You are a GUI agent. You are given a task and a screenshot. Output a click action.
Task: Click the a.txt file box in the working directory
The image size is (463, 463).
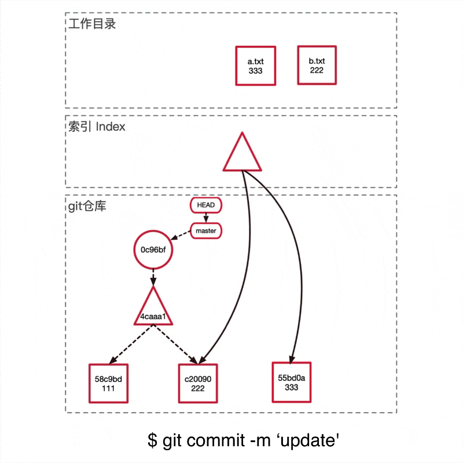coord(255,65)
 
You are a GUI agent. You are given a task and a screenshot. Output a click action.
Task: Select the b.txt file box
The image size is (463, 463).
coord(316,65)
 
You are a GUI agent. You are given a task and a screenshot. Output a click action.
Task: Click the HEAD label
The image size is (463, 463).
coord(206,205)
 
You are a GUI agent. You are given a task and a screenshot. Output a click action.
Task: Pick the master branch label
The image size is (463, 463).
coord(206,231)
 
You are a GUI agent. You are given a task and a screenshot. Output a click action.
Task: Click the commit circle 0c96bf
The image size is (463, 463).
coord(154,250)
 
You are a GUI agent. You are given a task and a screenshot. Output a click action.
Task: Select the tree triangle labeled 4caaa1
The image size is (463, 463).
coord(153,310)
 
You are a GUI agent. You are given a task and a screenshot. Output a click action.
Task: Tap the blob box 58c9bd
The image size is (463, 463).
coord(108,384)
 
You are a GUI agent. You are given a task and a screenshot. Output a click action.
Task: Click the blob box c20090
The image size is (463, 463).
coord(197,384)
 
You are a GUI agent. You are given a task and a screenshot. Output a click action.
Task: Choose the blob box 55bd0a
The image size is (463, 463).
coord(291,382)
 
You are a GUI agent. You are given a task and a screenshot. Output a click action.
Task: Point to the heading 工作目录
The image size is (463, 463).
coord(92,24)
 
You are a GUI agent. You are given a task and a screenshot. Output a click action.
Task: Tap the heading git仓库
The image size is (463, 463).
coord(87,206)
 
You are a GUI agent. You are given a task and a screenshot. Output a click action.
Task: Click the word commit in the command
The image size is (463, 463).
coord(214,440)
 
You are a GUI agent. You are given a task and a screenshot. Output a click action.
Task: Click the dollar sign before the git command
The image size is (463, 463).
coord(152,440)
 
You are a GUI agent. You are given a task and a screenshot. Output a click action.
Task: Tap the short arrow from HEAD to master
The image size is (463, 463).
coord(206,218)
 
